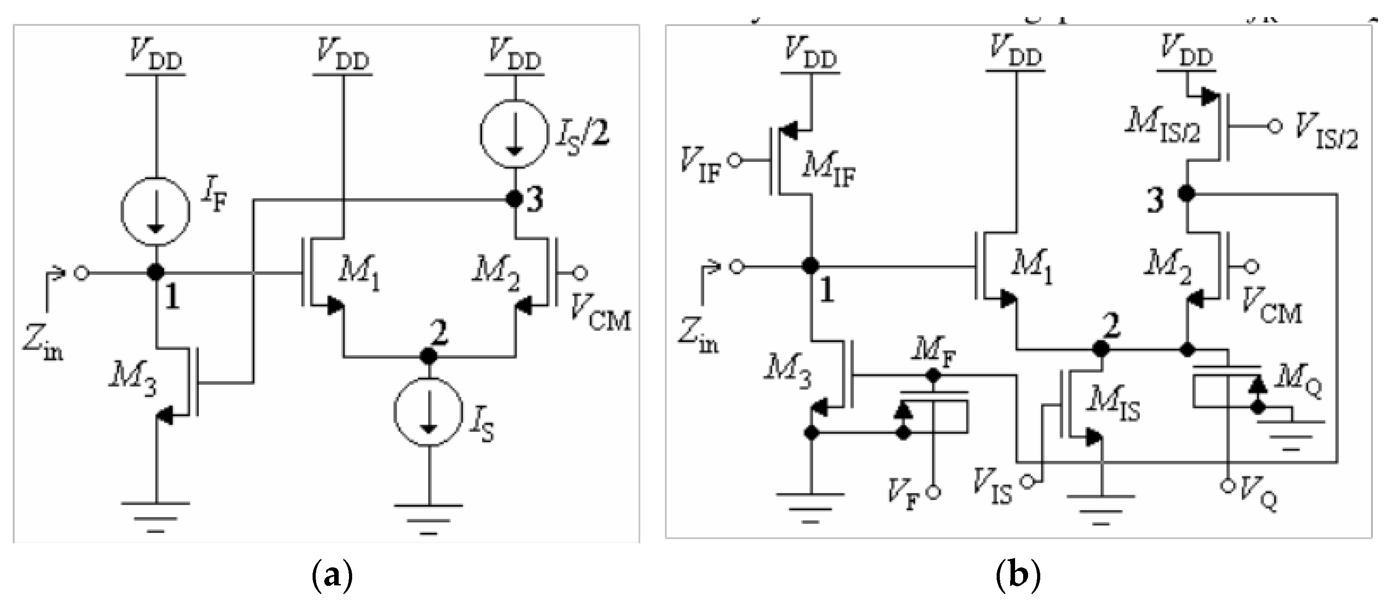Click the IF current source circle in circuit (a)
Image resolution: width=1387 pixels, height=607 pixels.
156,211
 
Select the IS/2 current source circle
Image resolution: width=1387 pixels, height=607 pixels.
515,135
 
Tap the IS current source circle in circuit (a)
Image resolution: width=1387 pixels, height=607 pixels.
429,413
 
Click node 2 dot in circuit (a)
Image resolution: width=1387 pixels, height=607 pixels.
429,356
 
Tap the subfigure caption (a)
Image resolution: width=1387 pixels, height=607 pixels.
332,576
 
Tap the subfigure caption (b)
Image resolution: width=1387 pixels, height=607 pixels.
1018,576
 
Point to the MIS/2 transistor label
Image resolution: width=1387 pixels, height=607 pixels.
1163,127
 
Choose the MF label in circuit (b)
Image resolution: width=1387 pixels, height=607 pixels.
934,354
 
